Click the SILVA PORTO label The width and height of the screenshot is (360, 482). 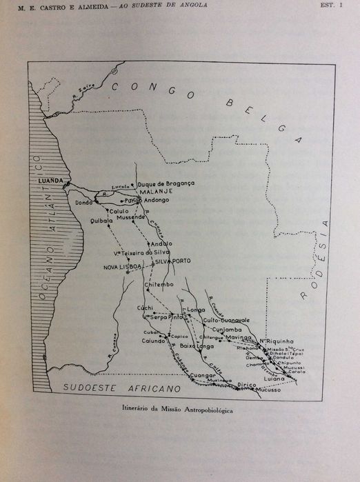172,261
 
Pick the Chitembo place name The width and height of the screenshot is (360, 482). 160,285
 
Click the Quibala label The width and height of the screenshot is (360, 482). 101,221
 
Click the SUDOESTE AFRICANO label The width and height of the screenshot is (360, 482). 108,388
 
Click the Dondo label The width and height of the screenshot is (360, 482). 84,203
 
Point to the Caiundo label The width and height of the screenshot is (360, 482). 154,341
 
